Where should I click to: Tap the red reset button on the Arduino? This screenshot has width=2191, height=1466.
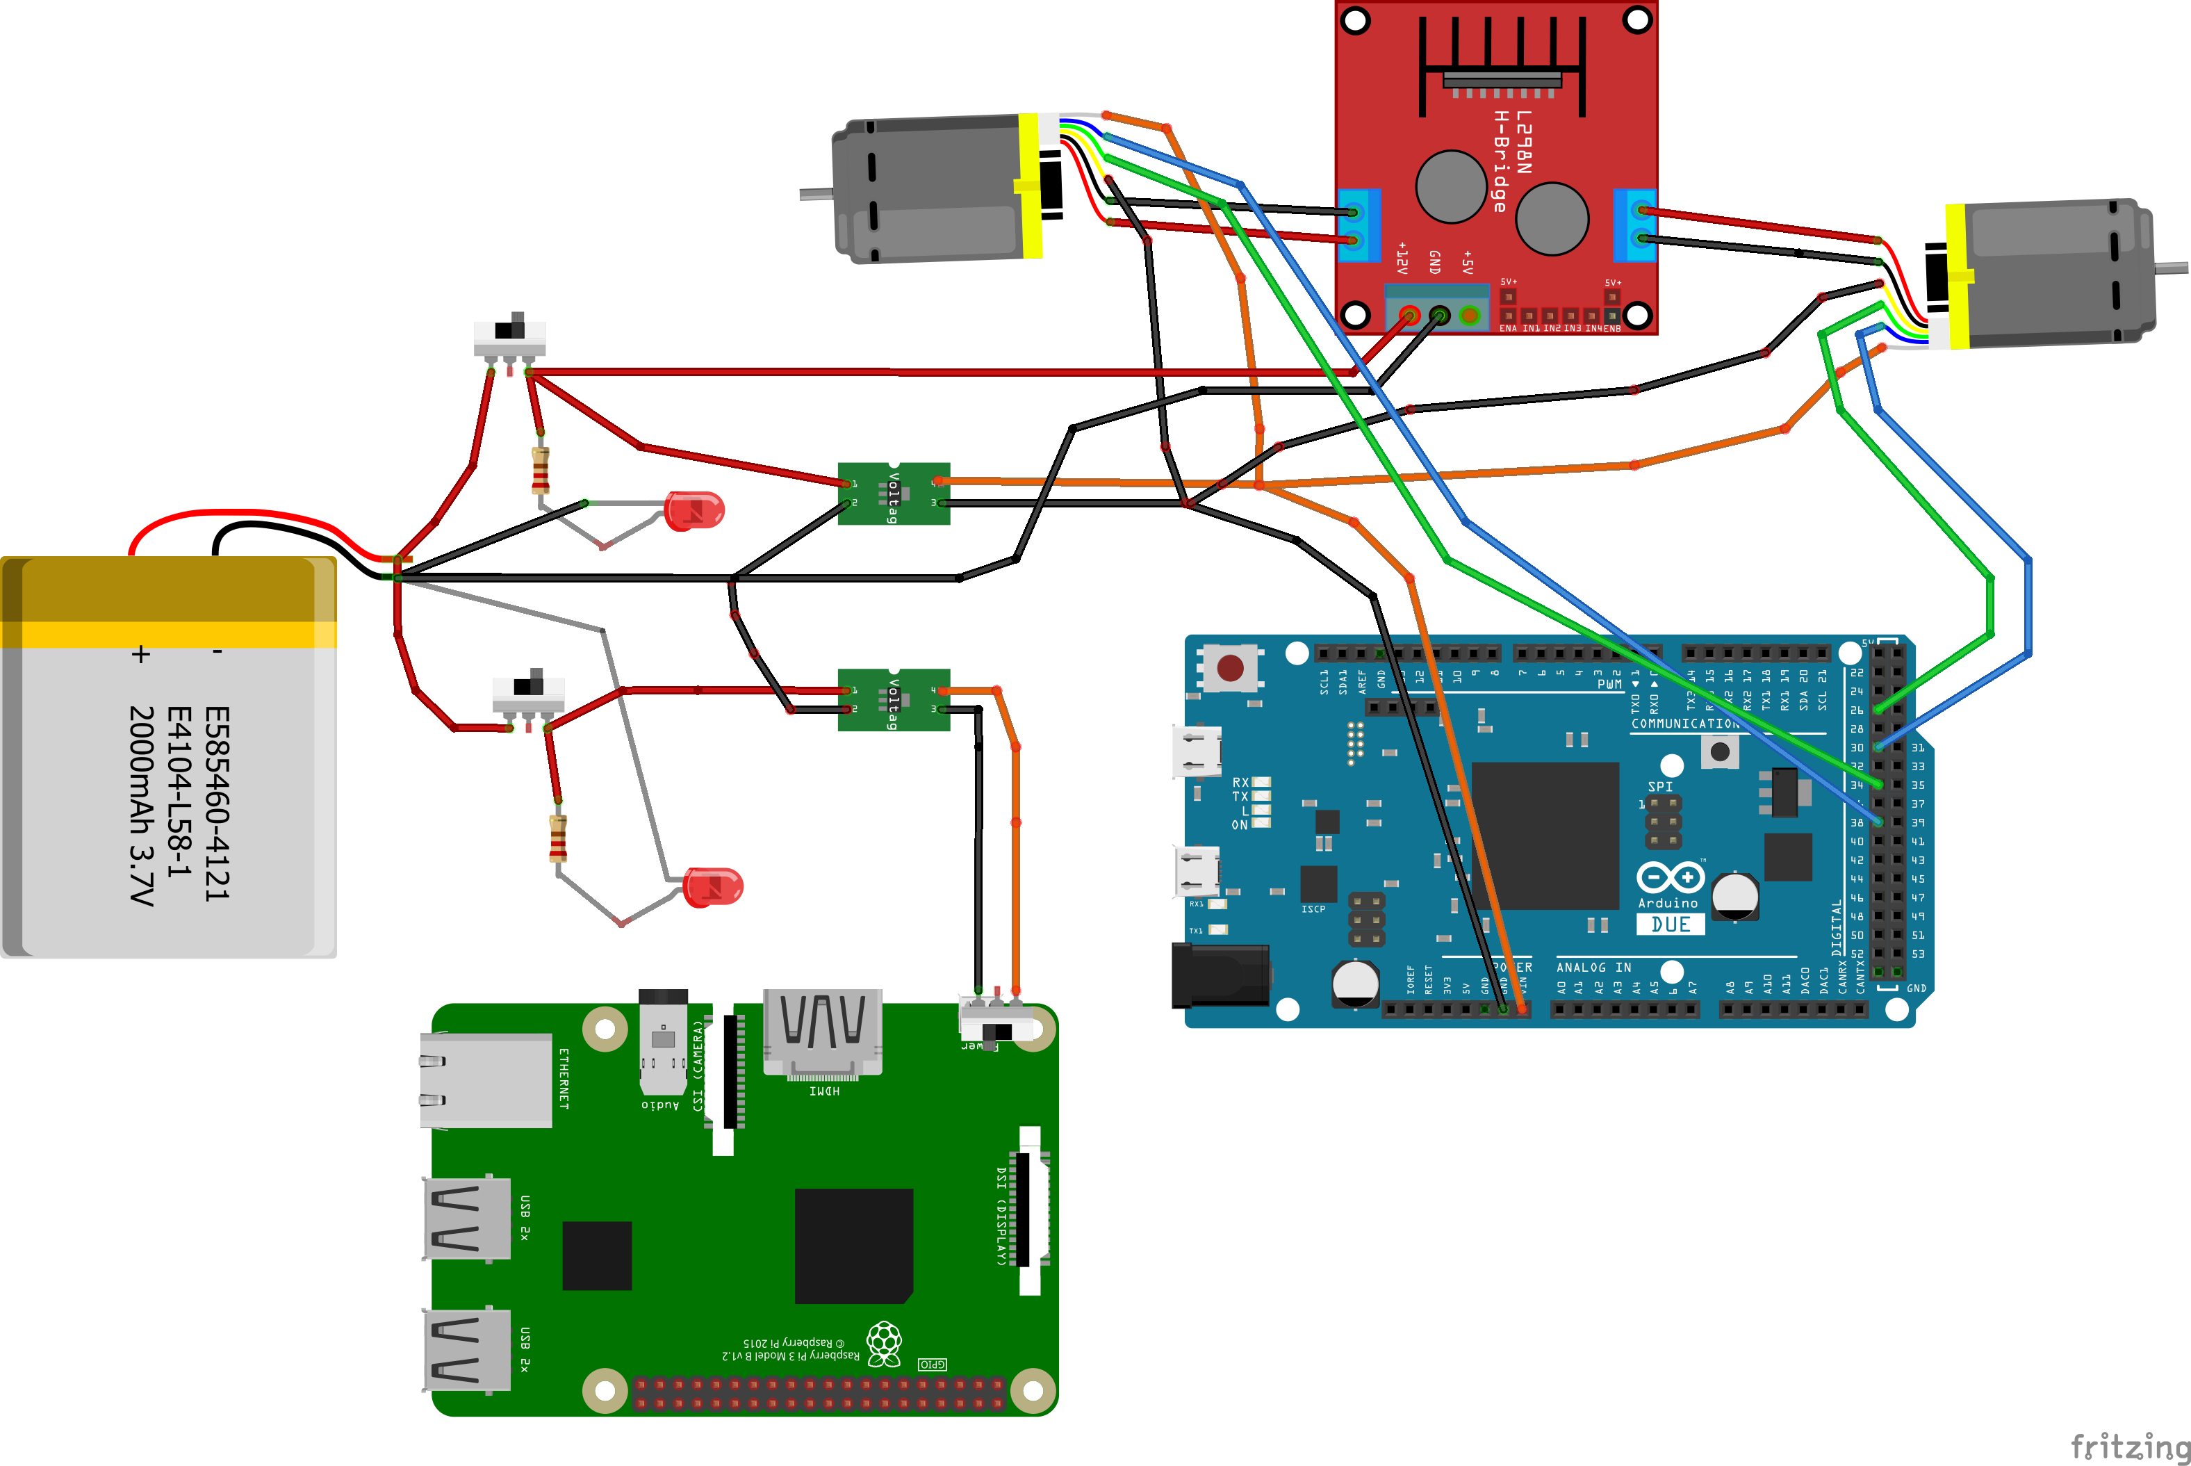pyautogui.click(x=1230, y=667)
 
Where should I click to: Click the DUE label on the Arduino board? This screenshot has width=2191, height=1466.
pyautogui.click(x=1671, y=925)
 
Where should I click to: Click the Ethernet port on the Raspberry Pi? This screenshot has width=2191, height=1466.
pyautogui.click(x=486, y=1080)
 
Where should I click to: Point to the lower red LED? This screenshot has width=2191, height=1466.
pyautogui.click(x=713, y=887)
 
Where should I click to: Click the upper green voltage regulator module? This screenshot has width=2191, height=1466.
pyautogui.click(x=894, y=494)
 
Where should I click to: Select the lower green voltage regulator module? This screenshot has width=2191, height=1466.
pyautogui.click(x=894, y=699)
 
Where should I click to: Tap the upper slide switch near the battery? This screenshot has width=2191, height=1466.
pyautogui.click(x=509, y=335)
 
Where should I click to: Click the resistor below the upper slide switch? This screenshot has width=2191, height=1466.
pyautogui.click(x=540, y=471)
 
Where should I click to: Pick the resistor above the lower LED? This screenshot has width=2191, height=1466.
pyautogui.click(x=558, y=838)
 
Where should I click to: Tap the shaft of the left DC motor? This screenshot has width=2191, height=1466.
pyautogui.click(x=815, y=193)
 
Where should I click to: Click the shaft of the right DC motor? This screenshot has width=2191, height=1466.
pyautogui.click(x=2170, y=268)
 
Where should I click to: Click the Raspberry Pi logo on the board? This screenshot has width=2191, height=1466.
pyautogui.click(x=884, y=1344)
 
